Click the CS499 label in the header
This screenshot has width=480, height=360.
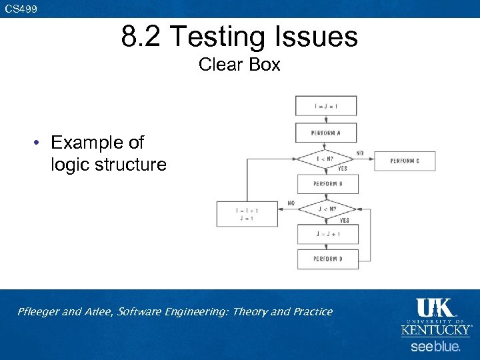click(x=21, y=9)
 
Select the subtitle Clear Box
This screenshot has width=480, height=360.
click(x=239, y=65)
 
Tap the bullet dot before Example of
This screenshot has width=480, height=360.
click(x=40, y=143)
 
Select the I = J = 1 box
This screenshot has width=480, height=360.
click(x=326, y=105)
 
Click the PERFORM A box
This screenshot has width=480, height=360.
click(x=326, y=133)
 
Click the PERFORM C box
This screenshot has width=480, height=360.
click(x=405, y=161)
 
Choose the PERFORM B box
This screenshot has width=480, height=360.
click(x=327, y=184)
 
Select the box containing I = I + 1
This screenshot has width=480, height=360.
click(x=247, y=214)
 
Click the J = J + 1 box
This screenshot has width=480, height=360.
click(x=327, y=234)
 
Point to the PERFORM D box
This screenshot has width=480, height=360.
click(x=327, y=259)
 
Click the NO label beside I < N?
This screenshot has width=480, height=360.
click(x=360, y=153)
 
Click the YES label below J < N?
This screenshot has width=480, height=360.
click(x=344, y=220)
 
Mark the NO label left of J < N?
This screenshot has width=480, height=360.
click(x=291, y=203)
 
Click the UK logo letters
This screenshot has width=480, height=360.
click(x=435, y=307)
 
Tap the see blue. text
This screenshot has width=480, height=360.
click(x=435, y=347)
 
